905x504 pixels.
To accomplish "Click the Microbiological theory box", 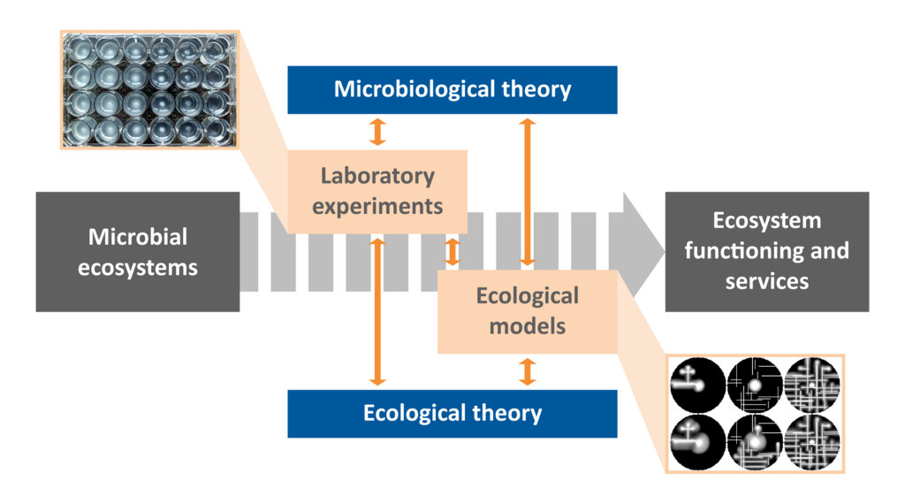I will click(x=452, y=89).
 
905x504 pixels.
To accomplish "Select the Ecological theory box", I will click(x=452, y=413).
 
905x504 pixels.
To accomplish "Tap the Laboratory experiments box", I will click(x=377, y=191).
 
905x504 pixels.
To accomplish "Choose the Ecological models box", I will click(x=527, y=310).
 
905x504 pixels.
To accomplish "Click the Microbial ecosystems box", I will click(x=137, y=252).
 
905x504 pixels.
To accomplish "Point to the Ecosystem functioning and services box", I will click(x=766, y=251).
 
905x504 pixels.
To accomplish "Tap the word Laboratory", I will click(x=377, y=176).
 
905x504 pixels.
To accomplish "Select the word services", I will click(x=766, y=281).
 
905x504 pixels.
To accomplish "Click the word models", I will click(x=527, y=325).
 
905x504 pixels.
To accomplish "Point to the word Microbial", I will click(x=137, y=237).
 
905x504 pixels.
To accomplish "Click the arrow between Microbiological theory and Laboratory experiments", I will click(x=377, y=132).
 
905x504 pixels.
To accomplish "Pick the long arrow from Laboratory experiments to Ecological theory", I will click(x=377, y=309).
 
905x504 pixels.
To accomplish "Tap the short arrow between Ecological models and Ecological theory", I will click(x=528, y=371).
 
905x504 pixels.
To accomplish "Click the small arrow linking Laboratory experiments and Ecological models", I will click(x=452, y=251).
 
